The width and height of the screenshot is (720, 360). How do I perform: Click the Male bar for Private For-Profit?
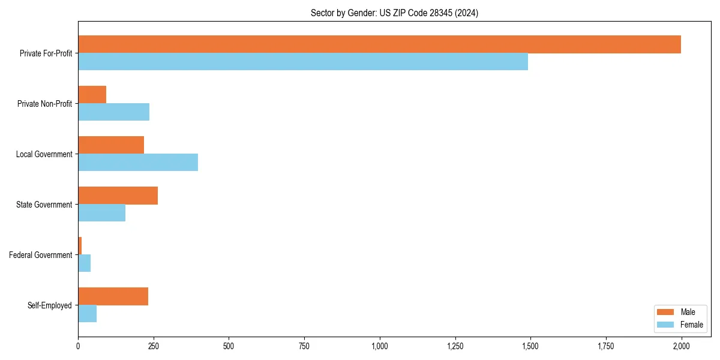point(379,44)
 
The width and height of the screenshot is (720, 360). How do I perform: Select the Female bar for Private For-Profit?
point(303,62)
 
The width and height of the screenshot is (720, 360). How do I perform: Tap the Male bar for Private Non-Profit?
point(92,95)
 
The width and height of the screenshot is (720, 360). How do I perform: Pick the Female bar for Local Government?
point(138,163)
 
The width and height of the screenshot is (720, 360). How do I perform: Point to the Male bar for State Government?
point(118,196)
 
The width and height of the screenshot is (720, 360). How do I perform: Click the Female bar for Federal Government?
point(84,263)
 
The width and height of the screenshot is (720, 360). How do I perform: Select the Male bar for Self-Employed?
point(113,296)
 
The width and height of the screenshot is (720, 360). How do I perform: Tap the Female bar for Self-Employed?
point(87,314)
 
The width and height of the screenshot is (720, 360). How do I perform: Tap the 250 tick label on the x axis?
point(154,346)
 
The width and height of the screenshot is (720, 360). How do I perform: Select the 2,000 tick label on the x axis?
point(681,346)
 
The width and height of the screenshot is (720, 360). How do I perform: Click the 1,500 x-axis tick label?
point(530,346)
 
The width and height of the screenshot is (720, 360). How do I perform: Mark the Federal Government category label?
point(41,255)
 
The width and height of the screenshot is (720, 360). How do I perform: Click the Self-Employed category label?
point(50,305)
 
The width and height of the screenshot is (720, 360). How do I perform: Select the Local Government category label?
point(44,154)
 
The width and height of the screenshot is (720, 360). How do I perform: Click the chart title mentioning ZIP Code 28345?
point(394,13)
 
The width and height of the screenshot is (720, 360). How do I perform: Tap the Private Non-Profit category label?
point(44,104)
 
